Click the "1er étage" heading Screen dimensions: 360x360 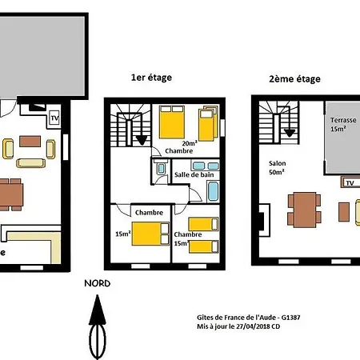point(151,78)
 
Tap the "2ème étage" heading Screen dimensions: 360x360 point(294,79)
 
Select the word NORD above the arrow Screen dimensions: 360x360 point(98,283)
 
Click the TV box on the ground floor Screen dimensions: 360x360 point(54,118)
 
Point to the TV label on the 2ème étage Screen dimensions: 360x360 point(350,183)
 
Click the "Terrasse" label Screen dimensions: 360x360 point(343,120)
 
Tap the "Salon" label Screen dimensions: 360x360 point(278,163)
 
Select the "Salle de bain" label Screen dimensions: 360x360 point(194,174)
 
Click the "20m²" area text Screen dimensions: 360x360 point(190,143)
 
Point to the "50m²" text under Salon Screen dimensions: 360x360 point(277,172)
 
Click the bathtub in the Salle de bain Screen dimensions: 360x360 point(213,190)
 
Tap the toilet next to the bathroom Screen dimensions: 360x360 point(161,168)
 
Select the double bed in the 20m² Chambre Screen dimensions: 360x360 point(172,122)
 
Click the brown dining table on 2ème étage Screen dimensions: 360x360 point(305,210)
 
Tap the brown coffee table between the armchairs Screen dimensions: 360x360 point(30,142)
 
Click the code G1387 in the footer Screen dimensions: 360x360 point(290,318)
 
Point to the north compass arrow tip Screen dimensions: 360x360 point(98,295)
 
